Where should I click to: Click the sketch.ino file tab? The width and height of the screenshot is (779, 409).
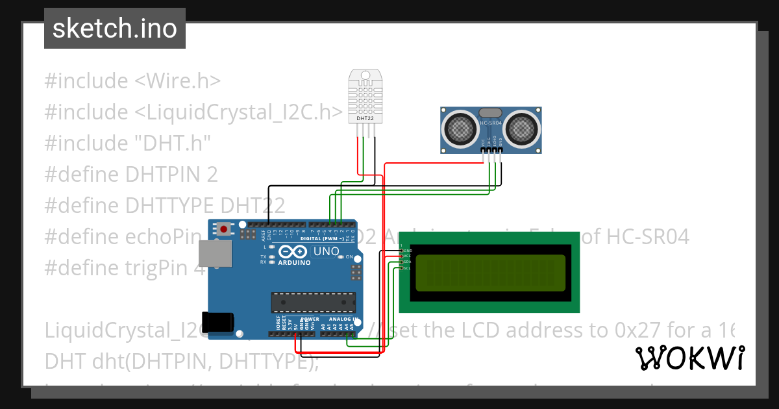[115, 29]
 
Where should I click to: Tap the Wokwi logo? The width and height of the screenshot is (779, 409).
[689, 358]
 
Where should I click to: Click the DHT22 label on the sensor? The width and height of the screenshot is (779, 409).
[365, 119]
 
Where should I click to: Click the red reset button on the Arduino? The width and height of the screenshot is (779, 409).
[225, 229]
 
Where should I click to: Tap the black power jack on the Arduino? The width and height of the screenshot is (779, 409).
[217, 323]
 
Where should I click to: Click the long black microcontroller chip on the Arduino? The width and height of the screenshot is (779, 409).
[314, 303]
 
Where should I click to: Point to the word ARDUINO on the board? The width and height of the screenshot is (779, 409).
[295, 262]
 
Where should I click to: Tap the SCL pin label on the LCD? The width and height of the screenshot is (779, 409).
[407, 268]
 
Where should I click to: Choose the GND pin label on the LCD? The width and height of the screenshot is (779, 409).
[407, 250]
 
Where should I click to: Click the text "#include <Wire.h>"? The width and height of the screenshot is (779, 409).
[132, 81]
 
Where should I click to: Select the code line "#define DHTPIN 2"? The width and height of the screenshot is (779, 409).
[131, 174]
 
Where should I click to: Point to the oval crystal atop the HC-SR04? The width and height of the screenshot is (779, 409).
[491, 113]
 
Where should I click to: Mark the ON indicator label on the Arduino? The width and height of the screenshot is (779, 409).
[349, 257]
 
